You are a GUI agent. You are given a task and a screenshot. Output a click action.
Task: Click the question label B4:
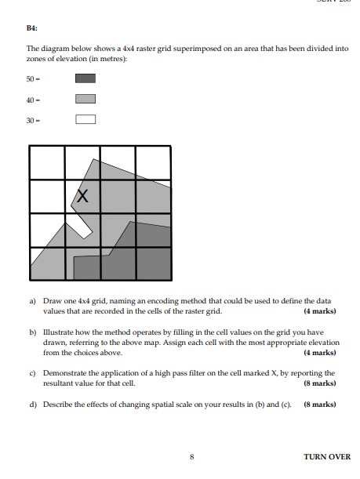(32, 27)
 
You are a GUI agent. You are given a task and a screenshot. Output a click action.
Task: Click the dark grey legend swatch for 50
(85, 78)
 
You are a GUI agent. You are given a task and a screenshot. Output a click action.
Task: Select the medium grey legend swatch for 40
(85, 99)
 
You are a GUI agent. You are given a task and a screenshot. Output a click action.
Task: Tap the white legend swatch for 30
(85, 120)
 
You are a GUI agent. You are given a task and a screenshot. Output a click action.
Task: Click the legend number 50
(31, 78)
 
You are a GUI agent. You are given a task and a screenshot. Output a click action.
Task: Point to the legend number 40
(31, 99)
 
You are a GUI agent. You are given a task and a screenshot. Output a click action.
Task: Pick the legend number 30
(31, 120)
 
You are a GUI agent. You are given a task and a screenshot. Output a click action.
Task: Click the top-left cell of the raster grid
(47, 163)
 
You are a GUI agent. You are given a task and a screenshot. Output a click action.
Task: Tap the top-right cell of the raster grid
(153, 163)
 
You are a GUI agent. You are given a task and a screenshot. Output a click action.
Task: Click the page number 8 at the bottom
(191, 456)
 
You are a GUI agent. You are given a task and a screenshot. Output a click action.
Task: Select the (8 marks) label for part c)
(319, 383)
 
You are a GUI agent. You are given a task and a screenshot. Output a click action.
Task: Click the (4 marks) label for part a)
(319, 311)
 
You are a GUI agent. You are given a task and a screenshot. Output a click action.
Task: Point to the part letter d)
(32, 405)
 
